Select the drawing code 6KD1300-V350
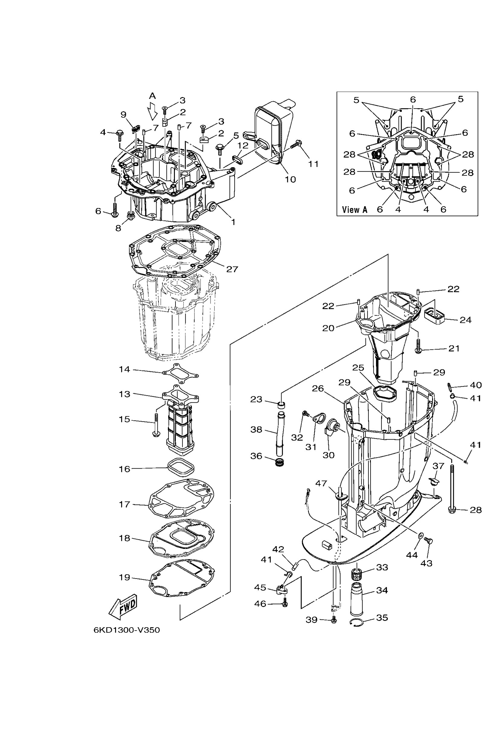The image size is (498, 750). pos(127,630)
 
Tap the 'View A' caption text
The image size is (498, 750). pos(355,209)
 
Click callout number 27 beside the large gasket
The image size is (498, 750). pos(232,269)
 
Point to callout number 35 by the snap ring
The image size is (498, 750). pos(382,617)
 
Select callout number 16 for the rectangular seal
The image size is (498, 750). pos(124,469)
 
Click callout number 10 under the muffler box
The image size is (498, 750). pos(290,179)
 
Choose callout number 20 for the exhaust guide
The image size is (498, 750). pos(328,328)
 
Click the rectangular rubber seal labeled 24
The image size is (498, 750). pos(435,315)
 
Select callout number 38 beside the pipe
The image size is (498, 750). pos(256,430)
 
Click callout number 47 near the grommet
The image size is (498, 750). pos(321,483)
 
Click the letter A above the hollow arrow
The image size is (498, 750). pos(153,96)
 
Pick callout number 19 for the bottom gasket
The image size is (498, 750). pos(124,577)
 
